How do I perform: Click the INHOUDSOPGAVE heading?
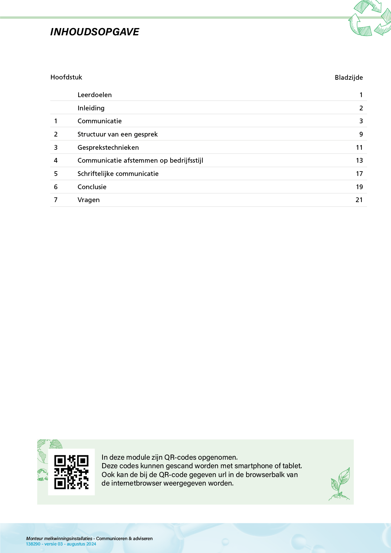(95, 32)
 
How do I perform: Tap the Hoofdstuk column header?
(66, 77)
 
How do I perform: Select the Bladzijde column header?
(348, 78)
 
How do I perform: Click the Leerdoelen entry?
(95, 95)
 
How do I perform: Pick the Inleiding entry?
(91, 108)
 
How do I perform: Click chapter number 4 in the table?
(56, 160)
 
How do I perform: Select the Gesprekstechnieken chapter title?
(108, 148)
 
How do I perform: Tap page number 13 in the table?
(359, 160)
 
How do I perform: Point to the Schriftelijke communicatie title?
(118, 174)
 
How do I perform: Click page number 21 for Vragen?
(359, 200)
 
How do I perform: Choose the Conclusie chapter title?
(92, 187)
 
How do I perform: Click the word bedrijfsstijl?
(186, 160)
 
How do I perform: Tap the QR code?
(71, 472)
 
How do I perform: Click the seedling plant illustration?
(340, 484)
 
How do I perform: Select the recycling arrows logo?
(370, 18)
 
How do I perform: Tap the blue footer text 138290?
(33, 544)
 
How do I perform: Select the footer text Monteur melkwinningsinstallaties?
(59, 538)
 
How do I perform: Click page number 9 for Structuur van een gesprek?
(361, 134)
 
